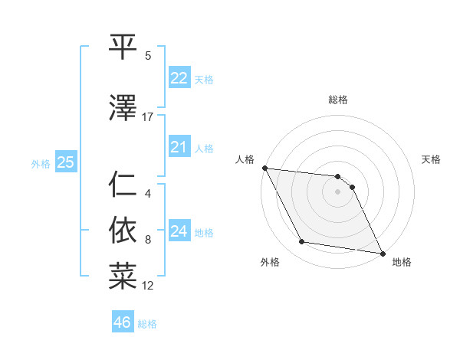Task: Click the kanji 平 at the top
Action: click(x=123, y=47)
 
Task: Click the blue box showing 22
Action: click(x=179, y=78)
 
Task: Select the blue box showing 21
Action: click(x=179, y=147)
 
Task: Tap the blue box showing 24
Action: click(x=179, y=231)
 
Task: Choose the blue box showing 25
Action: click(x=65, y=162)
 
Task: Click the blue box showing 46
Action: click(x=122, y=322)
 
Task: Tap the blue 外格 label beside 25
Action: click(x=41, y=163)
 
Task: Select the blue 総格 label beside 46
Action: click(x=147, y=324)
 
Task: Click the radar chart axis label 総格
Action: click(x=337, y=100)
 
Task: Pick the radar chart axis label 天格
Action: click(x=432, y=159)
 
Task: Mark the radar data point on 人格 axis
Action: click(x=264, y=168)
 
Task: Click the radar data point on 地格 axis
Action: click(x=383, y=253)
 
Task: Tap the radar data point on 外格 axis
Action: click(x=302, y=243)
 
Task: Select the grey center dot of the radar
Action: click(x=337, y=191)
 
